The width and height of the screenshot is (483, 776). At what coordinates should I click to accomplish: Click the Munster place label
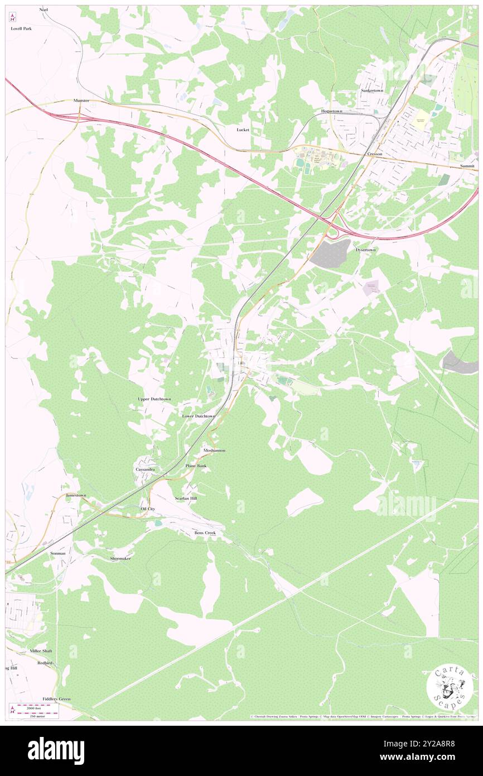(81, 100)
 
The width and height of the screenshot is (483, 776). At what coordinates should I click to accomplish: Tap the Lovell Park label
(21, 28)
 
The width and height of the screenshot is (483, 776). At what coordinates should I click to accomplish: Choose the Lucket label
(243, 130)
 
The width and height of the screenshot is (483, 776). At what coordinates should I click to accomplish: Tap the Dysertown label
(366, 250)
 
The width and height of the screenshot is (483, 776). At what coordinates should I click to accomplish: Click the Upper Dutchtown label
(154, 400)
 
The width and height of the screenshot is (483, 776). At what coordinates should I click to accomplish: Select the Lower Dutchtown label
(199, 416)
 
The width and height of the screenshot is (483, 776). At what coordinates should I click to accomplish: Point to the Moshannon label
(214, 451)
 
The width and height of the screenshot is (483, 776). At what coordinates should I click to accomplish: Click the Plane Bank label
(196, 466)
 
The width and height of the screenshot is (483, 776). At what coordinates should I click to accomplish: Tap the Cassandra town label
(145, 470)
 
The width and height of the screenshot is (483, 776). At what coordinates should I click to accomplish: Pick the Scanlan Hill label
(186, 498)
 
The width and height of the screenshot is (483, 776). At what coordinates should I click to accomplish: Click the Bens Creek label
(205, 533)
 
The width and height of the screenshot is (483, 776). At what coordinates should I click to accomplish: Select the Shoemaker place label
(120, 558)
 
